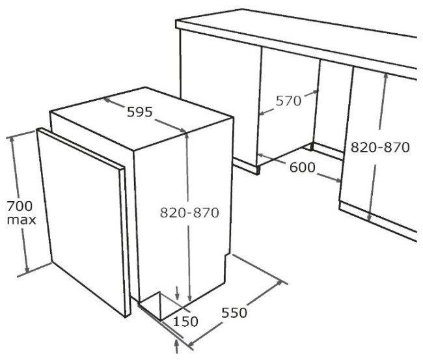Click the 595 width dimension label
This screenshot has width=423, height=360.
(140, 112)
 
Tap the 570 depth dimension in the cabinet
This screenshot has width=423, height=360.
(288, 101)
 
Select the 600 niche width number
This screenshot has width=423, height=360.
(302, 167)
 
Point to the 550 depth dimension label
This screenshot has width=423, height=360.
(234, 312)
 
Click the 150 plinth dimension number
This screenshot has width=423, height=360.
(185, 322)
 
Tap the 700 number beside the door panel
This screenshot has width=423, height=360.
(20, 206)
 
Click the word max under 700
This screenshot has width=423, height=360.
(21, 220)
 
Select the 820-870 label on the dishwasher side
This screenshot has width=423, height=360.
(189, 212)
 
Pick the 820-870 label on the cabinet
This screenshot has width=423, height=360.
(380, 147)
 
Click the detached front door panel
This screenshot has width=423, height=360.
(84, 222)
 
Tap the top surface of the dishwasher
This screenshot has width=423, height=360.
(142, 118)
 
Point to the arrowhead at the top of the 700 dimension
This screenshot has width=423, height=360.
(12, 141)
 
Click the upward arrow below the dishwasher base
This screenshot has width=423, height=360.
(177, 346)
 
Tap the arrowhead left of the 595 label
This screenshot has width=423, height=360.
(107, 100)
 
